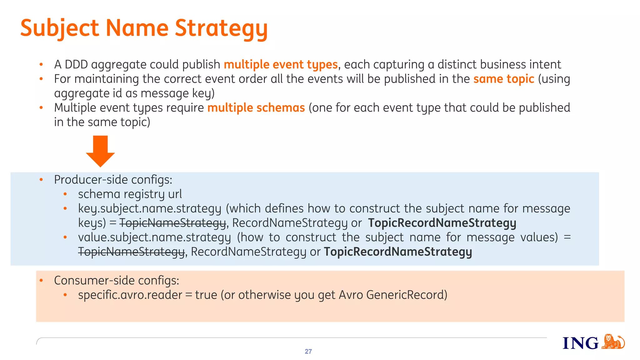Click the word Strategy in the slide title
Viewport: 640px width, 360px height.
[x=221, y=28]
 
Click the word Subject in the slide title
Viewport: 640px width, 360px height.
[x=59, y=28]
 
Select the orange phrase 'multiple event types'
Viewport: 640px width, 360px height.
[x=281, y=64]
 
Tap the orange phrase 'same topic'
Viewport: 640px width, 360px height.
[x=503, y=79]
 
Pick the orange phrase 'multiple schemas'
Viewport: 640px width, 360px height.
[x=256, y=107]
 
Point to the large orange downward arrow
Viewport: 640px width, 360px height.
[x=100, y=151]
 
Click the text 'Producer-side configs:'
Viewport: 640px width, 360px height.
[x=113, y=180]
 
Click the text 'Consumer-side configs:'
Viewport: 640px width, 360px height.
[x=117, y=280]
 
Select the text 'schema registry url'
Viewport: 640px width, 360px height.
[x=130, y=194]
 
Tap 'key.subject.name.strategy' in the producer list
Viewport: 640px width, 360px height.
[x=149, y=208]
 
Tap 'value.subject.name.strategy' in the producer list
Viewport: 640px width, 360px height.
[x=154, y=237]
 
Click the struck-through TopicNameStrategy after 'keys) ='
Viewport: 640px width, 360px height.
[x=172, y=223]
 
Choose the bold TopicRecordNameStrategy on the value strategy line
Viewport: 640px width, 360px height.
[x=398, y=252]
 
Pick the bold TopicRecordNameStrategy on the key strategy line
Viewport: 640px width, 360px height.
[x=442, y=223]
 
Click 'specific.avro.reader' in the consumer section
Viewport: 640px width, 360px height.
[x=130, y=295]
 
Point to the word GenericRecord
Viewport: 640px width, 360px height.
[x=407, y=295]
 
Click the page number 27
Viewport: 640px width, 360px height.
[x=308, y=352]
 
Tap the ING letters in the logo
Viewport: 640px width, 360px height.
[x=580, y=343]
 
